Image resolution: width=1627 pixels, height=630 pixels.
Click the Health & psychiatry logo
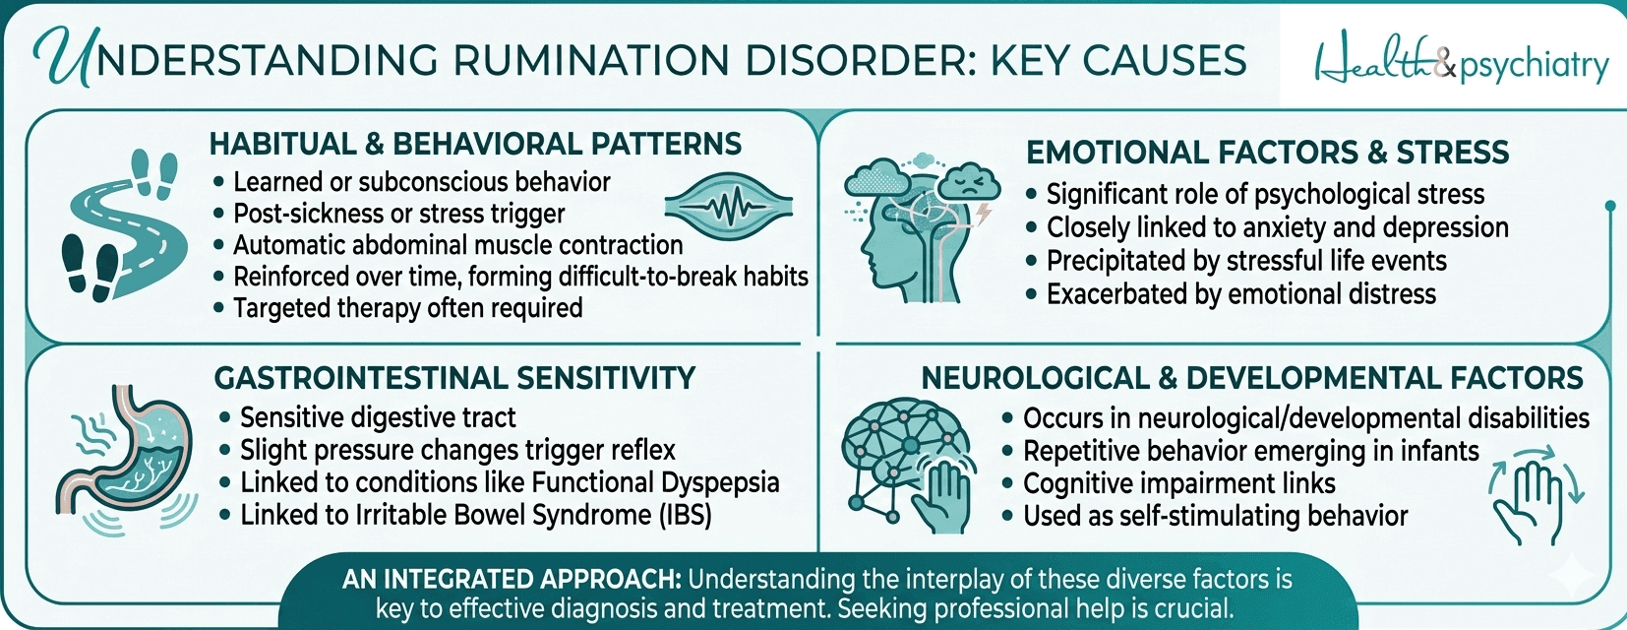1461,63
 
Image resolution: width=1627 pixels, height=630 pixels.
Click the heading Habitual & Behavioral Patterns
475,145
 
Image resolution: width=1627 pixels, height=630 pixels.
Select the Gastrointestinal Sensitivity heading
454,378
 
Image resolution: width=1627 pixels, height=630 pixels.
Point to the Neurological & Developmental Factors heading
1251,378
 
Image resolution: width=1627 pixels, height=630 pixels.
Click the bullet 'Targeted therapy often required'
407,308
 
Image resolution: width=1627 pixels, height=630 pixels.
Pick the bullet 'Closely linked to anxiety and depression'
1277,227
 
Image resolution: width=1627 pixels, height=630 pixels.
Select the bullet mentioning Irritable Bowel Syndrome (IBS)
475,515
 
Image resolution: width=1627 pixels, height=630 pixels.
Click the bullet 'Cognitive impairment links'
1178,483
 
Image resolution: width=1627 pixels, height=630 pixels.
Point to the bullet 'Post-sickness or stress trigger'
398,214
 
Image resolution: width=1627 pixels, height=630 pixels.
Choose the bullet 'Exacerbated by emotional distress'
1240,294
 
